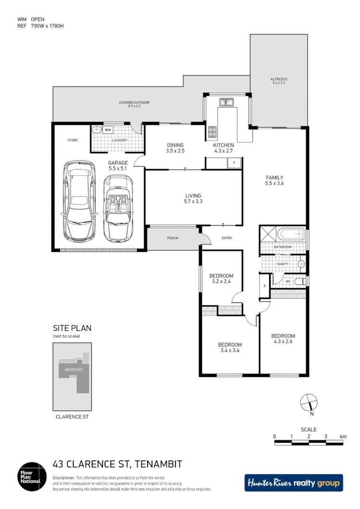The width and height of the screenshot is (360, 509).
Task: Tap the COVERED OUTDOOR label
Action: pos(135,103)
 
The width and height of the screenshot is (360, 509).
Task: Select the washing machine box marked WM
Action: pos(108,130)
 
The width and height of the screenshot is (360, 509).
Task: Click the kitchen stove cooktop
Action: pos(212,131)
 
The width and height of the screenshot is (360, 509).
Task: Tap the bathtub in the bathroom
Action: pos(291,235)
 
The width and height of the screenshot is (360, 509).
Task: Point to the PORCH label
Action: pos(173,238)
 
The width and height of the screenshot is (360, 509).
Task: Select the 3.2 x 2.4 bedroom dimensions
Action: pos(221,282)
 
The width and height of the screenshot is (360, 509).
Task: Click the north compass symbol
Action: pos(308,402)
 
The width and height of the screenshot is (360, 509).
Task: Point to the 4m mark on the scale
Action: pos(343,436)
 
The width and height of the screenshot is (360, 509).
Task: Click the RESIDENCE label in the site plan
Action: pos(71,369)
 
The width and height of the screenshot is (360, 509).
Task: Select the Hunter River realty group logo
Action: pos(294,483)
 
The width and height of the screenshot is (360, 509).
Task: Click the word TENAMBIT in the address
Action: pos(158,464)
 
